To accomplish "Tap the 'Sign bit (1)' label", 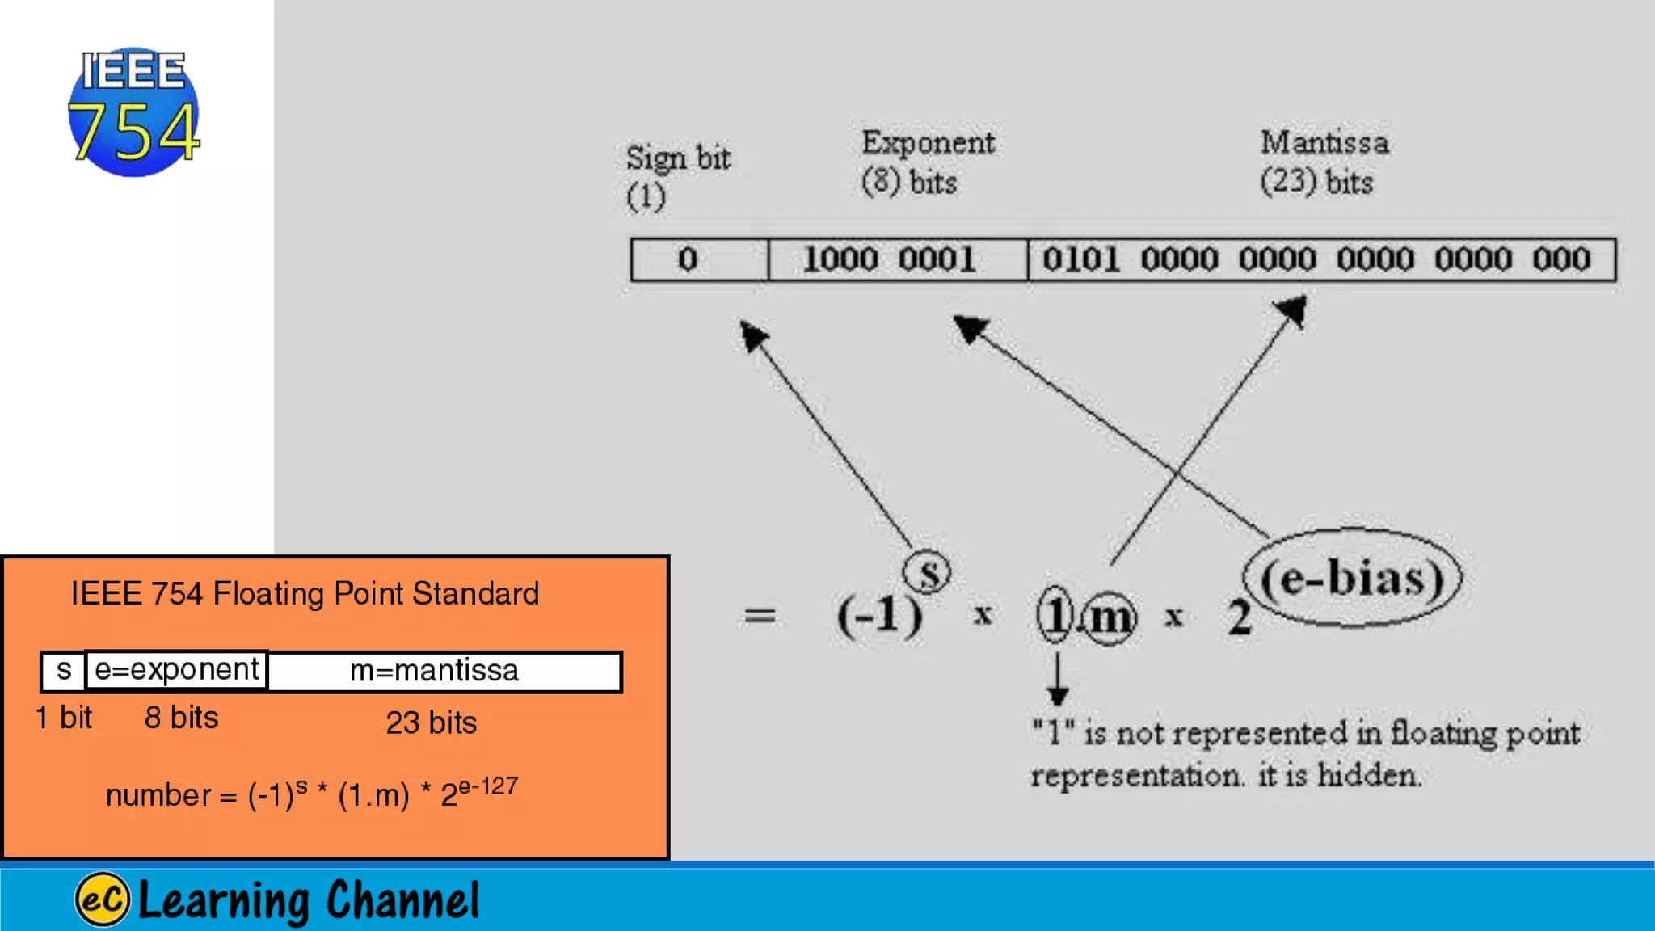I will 677,176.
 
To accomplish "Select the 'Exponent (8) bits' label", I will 927,162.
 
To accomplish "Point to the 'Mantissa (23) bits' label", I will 1324,162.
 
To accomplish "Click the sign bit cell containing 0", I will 688,259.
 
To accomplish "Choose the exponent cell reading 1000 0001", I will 889,259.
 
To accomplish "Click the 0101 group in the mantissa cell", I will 1080,259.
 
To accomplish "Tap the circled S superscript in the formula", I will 927,573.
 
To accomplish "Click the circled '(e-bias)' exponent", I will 1352,578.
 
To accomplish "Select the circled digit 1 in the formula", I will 1055,616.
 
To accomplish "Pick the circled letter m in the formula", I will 1110,618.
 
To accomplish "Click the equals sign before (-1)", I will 760,617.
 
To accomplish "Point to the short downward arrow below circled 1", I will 1057,680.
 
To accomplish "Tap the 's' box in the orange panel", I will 64,671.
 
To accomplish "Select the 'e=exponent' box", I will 176,670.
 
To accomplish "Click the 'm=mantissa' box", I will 435,671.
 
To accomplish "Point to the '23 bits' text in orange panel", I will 431,722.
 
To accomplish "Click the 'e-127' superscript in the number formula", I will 487,786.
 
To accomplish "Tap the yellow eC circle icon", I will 102,899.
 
